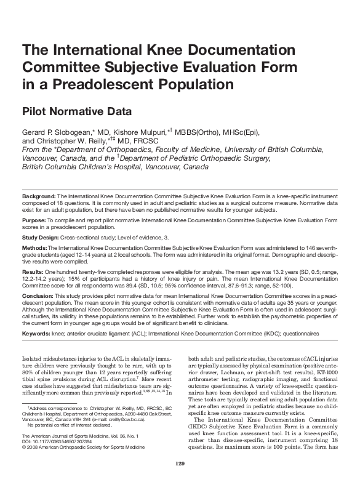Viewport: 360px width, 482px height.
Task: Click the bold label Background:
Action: point(39,194)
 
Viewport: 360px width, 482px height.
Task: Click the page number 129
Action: point(180,464)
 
